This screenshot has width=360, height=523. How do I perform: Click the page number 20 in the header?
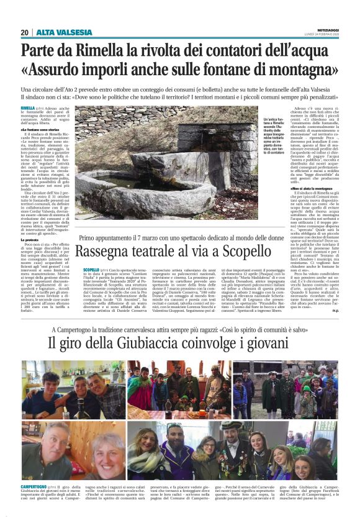coord(25,32)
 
